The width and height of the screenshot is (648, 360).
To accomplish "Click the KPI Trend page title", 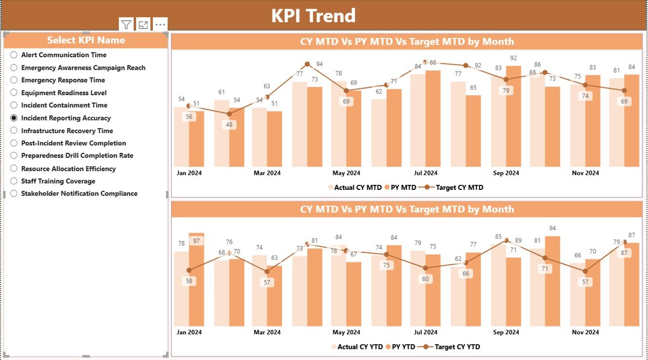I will click(x=313, y=16).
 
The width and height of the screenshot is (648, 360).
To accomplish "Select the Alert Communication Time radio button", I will click(x=14, y=55).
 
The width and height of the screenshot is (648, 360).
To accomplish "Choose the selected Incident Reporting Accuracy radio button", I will click(x=14, y=118).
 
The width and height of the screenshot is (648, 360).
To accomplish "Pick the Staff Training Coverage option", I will click(x=58, y=181).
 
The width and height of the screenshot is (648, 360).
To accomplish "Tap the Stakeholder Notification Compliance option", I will click(x=79, y=193).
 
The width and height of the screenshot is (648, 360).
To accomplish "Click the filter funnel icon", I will click(x=126, y=25).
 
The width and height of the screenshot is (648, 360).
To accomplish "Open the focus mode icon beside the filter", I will click(x=143, y=25).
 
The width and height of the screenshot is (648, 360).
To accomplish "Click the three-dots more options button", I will click(x=160, y=25).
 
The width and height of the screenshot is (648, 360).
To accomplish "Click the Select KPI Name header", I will click(x=86, y=41).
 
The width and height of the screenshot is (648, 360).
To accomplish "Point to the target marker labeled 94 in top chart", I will click(x=307, y=64).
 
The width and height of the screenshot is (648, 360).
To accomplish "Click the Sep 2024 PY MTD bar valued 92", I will click(x=513, y=116).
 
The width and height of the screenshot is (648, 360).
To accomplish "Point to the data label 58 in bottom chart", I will click(x=189, y=281).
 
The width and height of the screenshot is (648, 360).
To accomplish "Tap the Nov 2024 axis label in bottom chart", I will click(x=585, y=333).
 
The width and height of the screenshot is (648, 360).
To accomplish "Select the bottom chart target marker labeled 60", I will click(x=426, y=268).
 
